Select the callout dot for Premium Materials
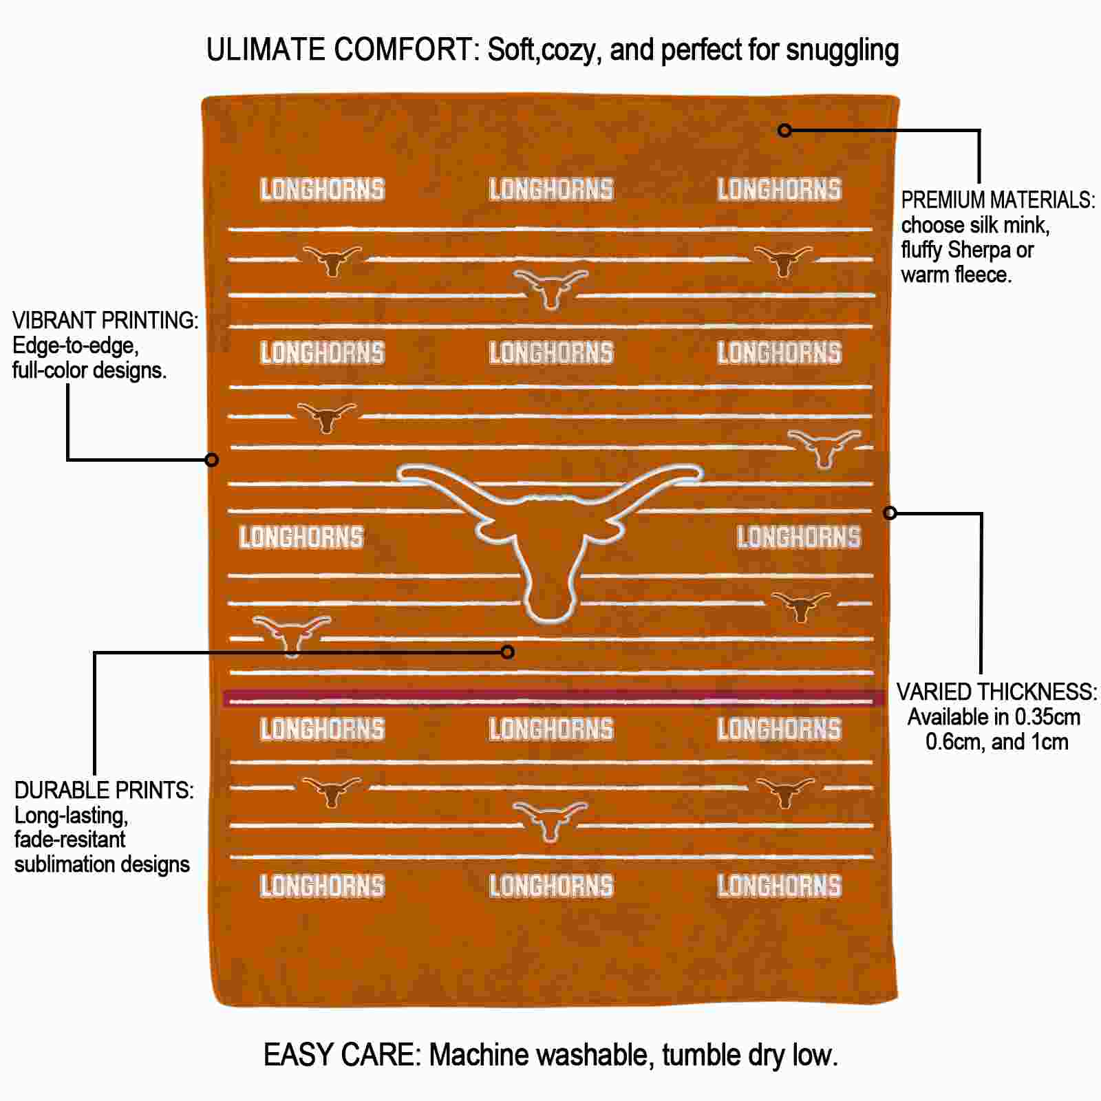tap(784, 130)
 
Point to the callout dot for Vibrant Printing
tap(212, 459)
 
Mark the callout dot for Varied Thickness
tap(890, 513)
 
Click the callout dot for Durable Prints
tap(507, 652)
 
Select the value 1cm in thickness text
tap(1049, 742)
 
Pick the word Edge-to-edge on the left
tap(76, 346)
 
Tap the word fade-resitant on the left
tap(70, 839)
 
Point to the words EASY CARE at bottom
tap(342, 1055)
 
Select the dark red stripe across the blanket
tap(554, 698)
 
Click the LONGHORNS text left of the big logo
tap(301, 537)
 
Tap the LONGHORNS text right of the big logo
tap(799, 537)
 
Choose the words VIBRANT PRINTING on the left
tap(105, 321)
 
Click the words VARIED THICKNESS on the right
tap(996, 692)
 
